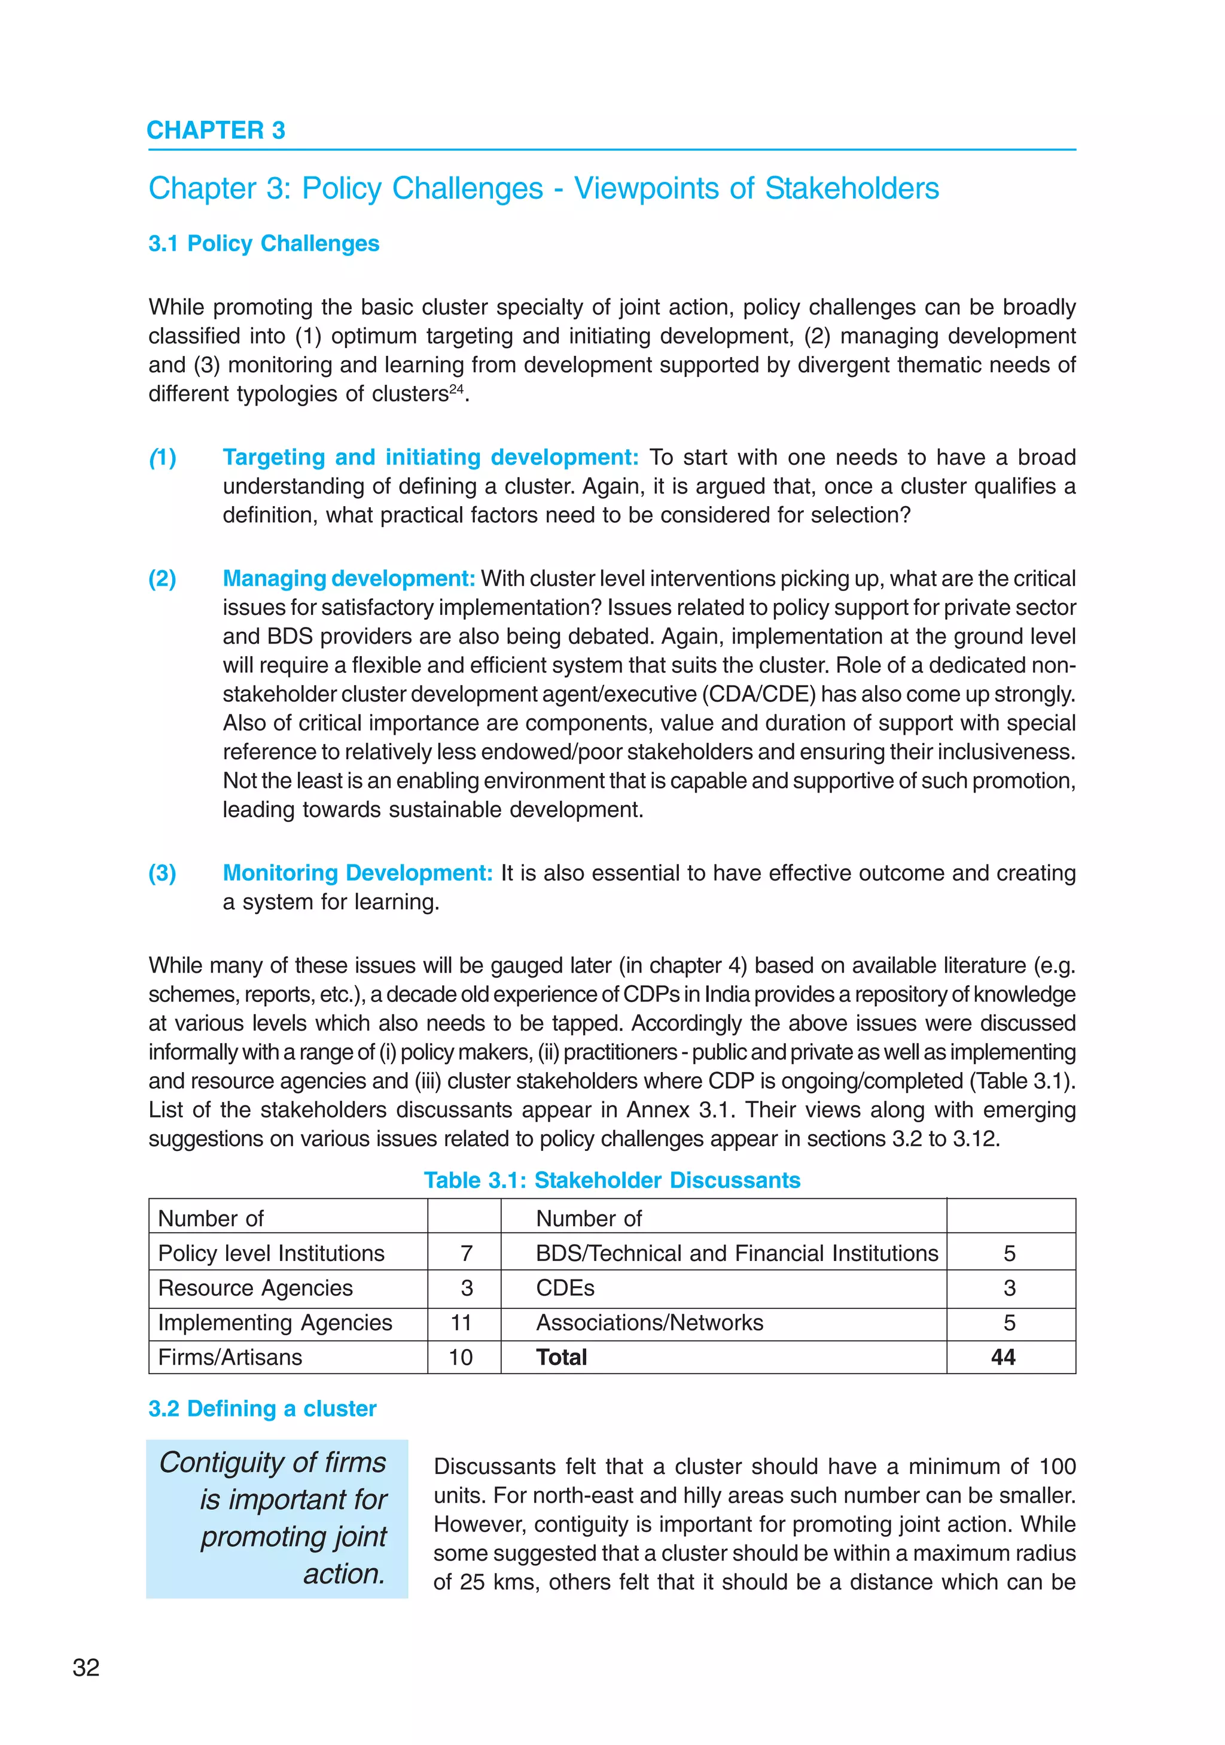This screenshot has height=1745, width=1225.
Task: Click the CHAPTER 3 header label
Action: (216, 131)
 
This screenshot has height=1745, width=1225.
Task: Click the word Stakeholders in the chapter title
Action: (851, 188)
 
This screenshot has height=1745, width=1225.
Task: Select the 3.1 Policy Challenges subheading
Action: (264, 243)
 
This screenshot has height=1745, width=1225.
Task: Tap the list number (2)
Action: (162, 578)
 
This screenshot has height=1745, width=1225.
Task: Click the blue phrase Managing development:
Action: (349, 578)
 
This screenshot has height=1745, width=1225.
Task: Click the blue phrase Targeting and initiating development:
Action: (430, 457)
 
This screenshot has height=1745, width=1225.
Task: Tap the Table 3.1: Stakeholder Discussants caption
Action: (612, 1180)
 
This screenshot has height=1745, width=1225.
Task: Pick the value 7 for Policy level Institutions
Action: (466, 1253)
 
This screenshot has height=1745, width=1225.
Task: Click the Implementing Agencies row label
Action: (275, 1323)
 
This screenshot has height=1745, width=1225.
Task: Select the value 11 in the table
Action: (461, 1323)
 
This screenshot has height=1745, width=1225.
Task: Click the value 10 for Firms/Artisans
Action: (461, 1357)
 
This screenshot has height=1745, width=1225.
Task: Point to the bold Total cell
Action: (561, 1357)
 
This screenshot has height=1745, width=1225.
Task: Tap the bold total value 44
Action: (1003, 1357)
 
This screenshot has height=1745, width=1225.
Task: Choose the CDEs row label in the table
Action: (565, 1287)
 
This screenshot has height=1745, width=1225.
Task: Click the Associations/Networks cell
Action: (649, 1323)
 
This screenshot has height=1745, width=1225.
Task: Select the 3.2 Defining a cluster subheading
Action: (262, 1408)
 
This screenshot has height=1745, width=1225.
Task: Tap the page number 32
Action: (86, 1667)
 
